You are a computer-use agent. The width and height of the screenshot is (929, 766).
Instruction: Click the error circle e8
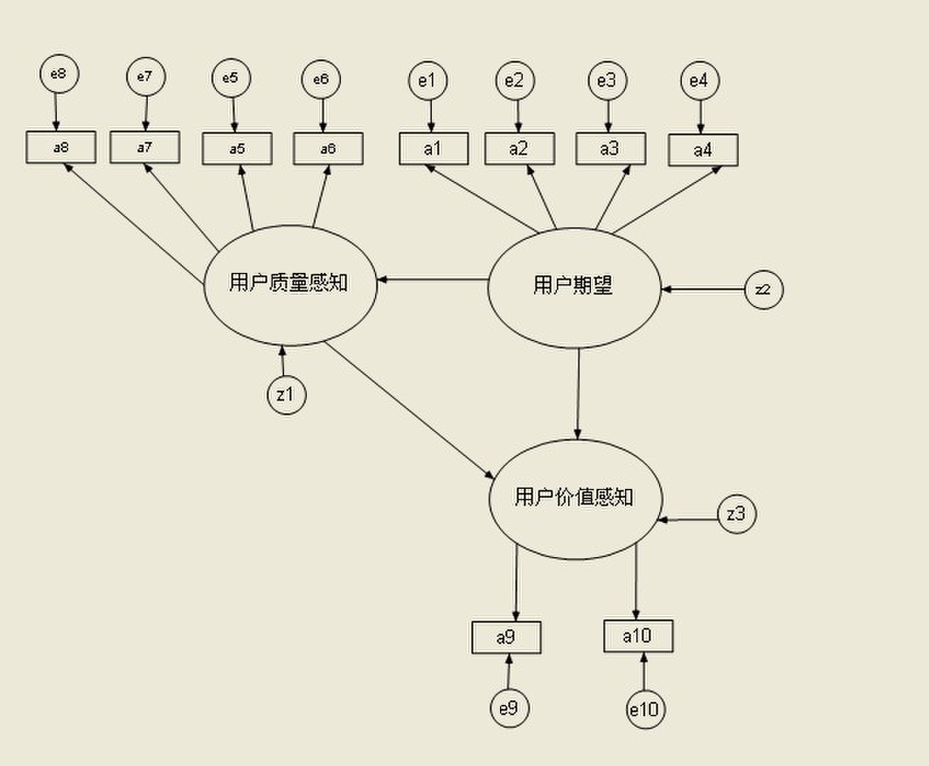tap(60, 74)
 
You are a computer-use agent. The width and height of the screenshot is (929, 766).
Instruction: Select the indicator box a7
tap(145, 147)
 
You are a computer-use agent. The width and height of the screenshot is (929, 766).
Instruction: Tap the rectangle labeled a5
tap(237, 149)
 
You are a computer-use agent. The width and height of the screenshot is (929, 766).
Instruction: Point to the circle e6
tap(321, 79)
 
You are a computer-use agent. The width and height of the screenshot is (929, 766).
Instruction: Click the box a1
tap(433, 149)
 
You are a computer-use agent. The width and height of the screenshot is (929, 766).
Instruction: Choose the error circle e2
tap(514, 81)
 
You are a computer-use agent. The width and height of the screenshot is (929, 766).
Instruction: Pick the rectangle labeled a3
tap(610, 149)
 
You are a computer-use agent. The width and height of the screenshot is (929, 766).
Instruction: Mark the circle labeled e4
tap(700, 81)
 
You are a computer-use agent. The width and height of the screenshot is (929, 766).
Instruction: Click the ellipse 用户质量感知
tap(290, 284)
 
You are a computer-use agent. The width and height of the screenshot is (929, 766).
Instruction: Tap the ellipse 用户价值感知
tap(575, 498)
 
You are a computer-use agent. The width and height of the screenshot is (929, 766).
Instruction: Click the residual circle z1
tap(286, 395)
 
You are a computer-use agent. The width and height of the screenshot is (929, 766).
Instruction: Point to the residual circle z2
tap(764, 290)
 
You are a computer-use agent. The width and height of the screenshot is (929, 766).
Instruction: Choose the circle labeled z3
tap(737, 514)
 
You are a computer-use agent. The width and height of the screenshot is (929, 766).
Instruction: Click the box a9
tap(506, 637)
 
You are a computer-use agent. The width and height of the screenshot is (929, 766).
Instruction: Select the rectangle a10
tap(638, 636)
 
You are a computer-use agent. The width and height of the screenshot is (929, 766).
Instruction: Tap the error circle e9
tap(509, 708)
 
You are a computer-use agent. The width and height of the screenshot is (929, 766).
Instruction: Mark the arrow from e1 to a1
tap(430, 116)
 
